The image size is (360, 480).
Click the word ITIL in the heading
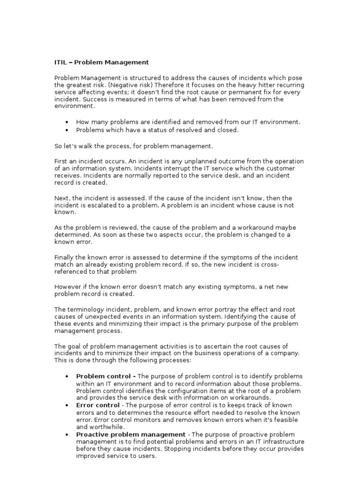point(61,62)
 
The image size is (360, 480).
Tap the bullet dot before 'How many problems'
point(68,122)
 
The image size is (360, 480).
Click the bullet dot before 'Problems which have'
point(68,130)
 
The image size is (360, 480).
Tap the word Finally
point(64,258)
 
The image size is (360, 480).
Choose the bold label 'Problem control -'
point(106,376)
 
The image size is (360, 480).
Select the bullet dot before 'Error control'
point(68,405)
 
